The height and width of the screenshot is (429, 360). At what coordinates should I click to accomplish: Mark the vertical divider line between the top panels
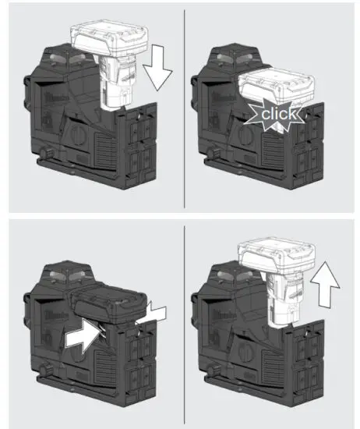click(x=184, y=109)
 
